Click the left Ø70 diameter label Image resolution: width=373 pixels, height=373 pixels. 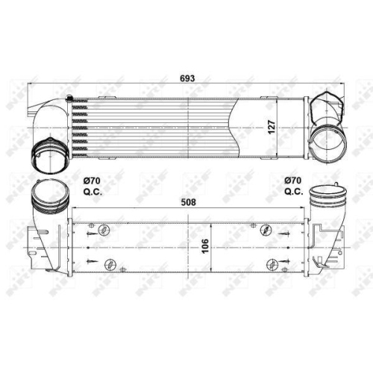[93, 181]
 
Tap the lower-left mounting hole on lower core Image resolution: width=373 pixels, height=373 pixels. [109, 263]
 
